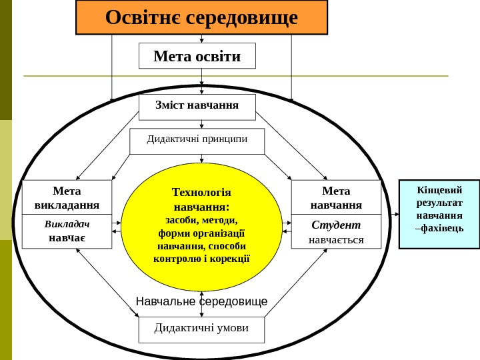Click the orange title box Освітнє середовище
[x=201, y=17]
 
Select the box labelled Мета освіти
[x=197, y=56]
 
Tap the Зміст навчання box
[x=197, y=105]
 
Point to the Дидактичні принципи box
[x=197, y=140]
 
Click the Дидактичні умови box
[x=201, y=329]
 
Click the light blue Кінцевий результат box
[x=439, y=213]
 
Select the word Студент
[x=336, y=225]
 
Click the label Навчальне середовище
[x=201, y=302]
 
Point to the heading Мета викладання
[x=67, y=197]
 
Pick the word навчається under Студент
[x=336, y=239]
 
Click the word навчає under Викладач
[x=67, y=238]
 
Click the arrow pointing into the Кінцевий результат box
[x=395, y=215]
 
